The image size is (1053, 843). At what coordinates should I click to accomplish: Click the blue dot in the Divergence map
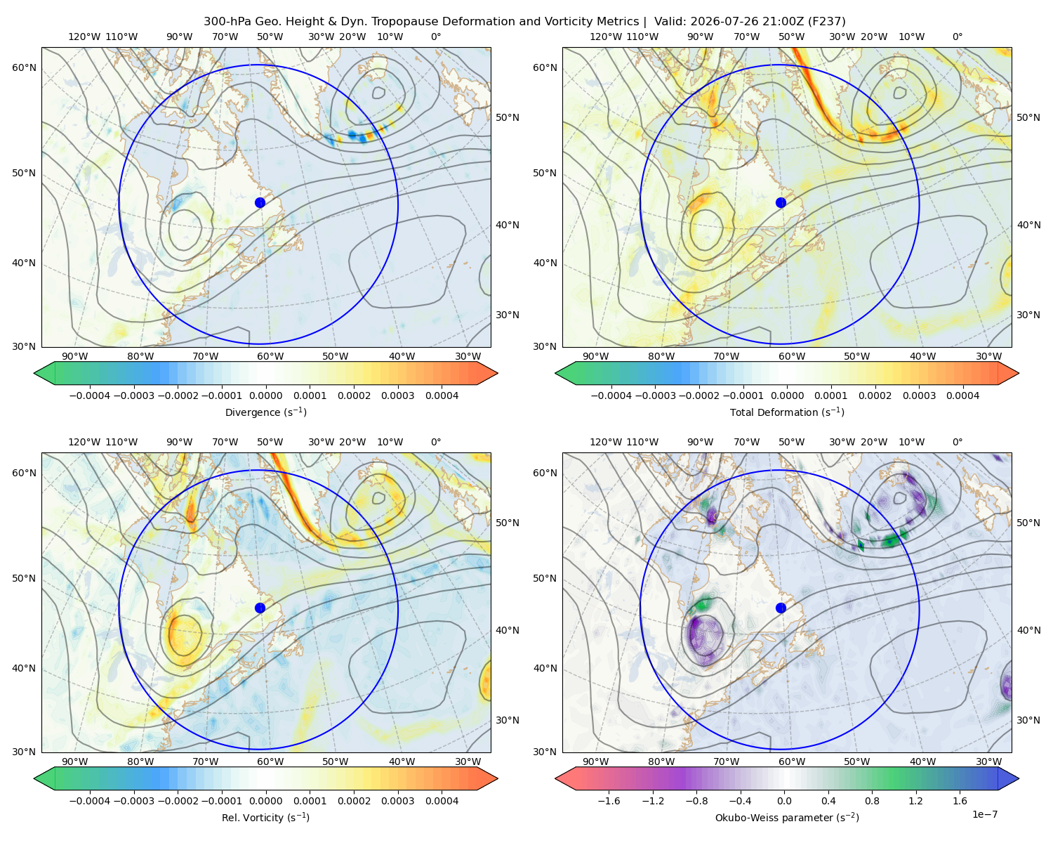260,202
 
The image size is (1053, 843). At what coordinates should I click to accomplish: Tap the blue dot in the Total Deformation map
781,202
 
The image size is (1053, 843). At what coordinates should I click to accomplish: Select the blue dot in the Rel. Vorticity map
260,608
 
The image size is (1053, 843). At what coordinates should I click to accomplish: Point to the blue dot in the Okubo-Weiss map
781,608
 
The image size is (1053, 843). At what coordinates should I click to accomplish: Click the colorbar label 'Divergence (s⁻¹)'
265,412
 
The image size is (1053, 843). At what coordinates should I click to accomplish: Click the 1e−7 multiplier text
984,814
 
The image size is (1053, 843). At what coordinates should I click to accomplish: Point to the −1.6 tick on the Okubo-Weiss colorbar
609,800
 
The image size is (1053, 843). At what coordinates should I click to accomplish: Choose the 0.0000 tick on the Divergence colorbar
265,396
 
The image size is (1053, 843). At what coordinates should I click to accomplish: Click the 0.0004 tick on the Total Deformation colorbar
962,396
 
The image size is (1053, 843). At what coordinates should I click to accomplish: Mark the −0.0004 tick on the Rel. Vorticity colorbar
90,800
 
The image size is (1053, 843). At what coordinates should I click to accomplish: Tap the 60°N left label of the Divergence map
24,67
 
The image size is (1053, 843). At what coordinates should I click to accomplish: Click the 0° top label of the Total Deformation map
957,37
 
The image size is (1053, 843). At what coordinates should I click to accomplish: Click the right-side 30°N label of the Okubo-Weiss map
1028,719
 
